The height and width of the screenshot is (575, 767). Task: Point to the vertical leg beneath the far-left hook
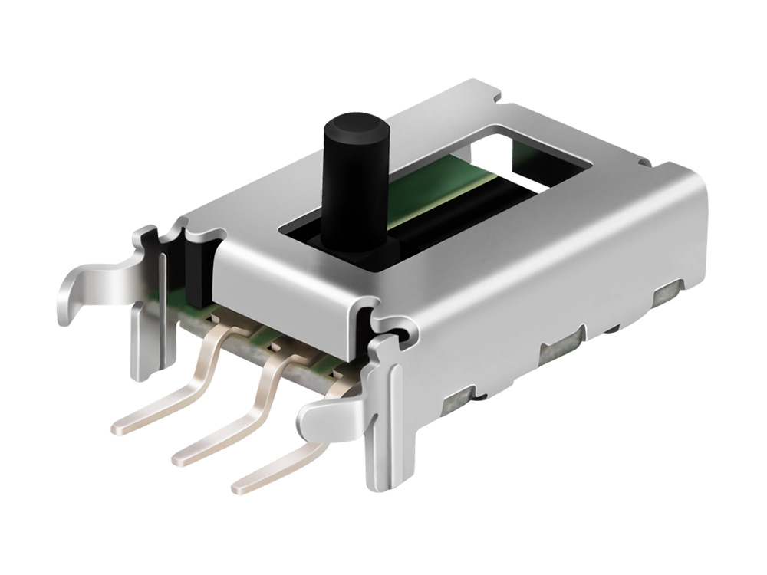[x=143, y=345]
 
